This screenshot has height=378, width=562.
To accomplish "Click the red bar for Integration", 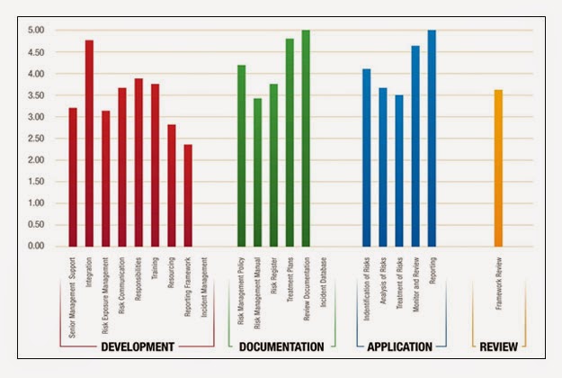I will (x=89, y=144).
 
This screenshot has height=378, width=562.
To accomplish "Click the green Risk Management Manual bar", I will (x=257, y=172).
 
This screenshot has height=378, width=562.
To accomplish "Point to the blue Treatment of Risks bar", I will (x=399, y=171).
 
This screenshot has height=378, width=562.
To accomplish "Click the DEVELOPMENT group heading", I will (x=137, y=346).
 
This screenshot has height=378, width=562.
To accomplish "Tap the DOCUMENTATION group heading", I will (x=281, y=346).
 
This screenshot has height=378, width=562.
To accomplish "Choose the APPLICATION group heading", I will (x=399, y=346).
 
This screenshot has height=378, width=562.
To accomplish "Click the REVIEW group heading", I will (x=498, y=346).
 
